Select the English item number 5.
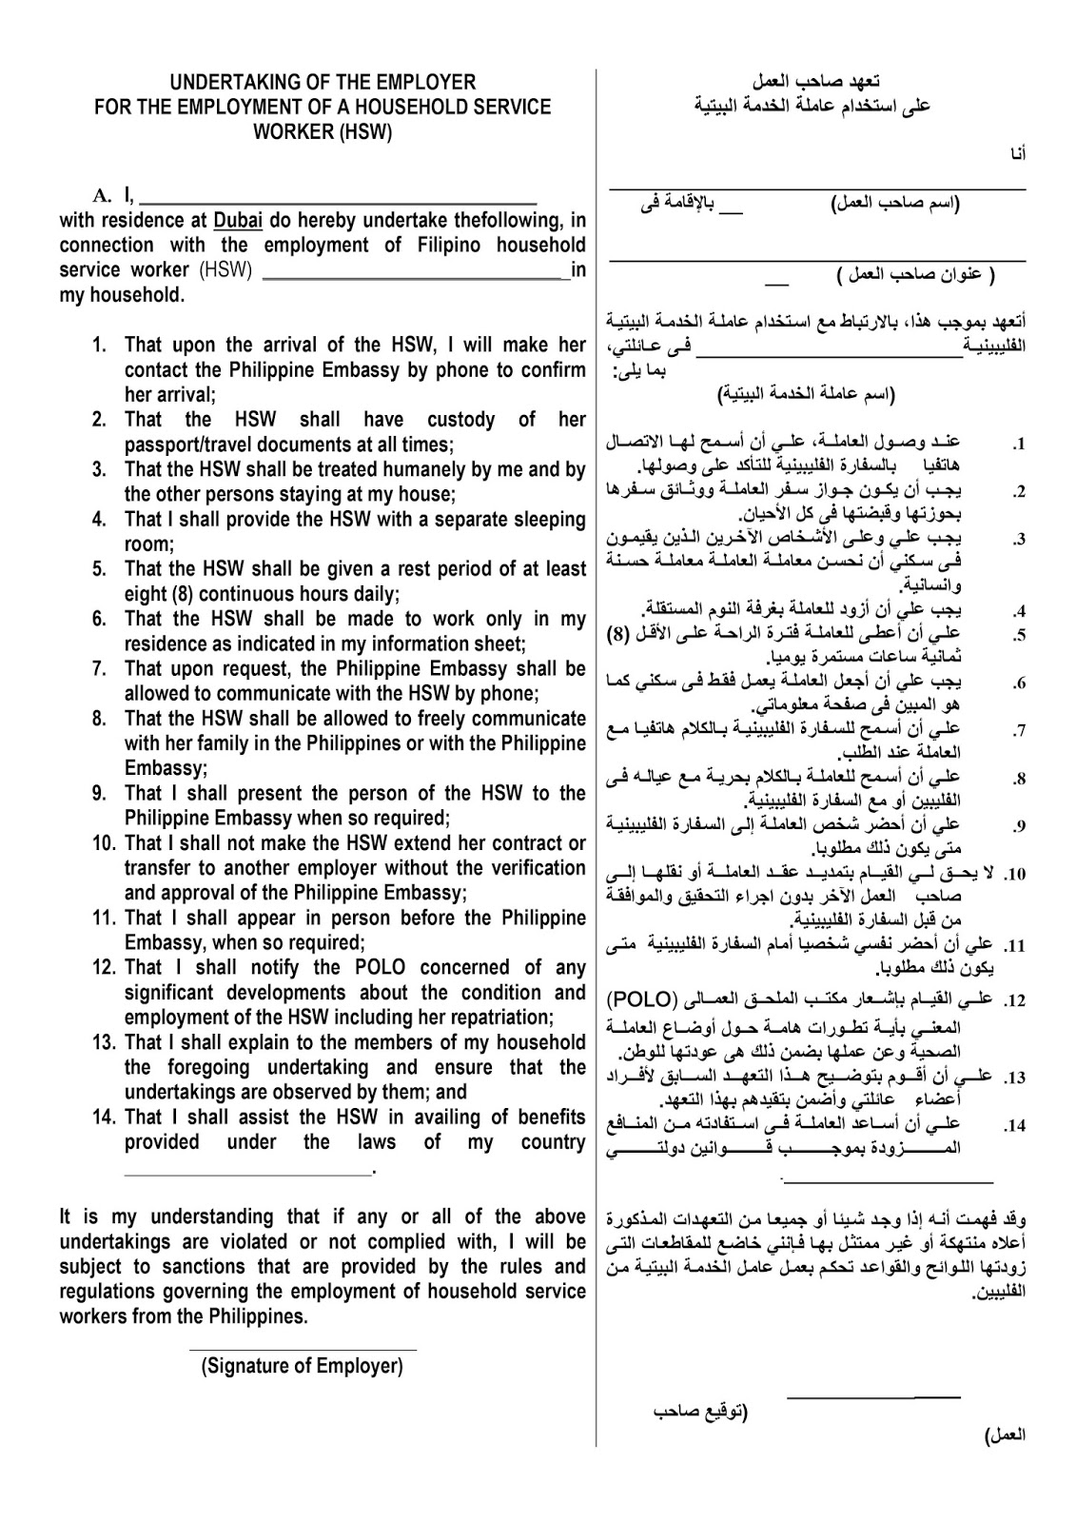(99, 569)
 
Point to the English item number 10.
(105, 843)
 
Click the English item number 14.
(105, 1118)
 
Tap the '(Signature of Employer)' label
(303, 1367)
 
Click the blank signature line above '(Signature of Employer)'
(303, 1349)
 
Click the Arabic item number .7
(1019, 731)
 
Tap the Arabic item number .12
(1015, 1001)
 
